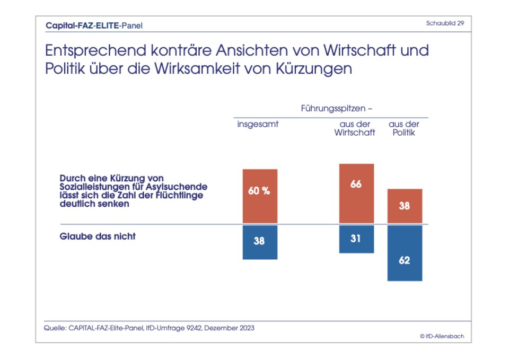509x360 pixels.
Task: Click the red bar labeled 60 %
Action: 260,196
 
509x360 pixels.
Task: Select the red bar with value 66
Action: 356,194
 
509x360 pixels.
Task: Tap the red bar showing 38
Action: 405,206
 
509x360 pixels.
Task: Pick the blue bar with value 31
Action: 356,239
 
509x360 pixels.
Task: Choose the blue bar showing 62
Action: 405,253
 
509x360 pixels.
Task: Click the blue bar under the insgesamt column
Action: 260,242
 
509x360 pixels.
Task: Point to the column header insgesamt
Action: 258,125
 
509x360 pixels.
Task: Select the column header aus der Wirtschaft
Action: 355,128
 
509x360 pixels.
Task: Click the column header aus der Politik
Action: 404,128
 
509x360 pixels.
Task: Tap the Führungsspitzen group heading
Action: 336,108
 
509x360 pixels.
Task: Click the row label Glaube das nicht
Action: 98,236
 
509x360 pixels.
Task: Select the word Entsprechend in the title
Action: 94,52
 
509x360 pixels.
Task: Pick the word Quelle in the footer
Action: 55,328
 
